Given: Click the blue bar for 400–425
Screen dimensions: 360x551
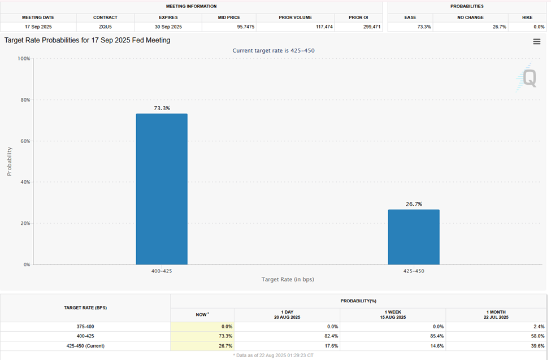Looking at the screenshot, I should pyautogui.click(x=162, y=189).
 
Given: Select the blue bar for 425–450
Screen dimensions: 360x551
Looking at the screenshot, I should pyautogui.click(x=413, y=237).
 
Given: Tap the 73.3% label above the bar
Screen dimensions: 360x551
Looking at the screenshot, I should pyautogui.click(x=162, y=108).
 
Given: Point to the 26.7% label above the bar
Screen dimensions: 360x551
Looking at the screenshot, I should pyautogui.click(x=413, y=204).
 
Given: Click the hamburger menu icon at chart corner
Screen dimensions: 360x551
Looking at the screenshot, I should pyautogui.click(x=536, y=41).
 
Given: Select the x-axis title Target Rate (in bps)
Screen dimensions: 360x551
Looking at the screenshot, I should pyautogui.click(x=288, y=280).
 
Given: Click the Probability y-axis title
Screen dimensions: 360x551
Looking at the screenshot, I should pyautogui.click(x=9, y=162).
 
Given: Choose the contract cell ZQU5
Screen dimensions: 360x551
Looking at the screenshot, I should pyautogui.click(x=105, y=27).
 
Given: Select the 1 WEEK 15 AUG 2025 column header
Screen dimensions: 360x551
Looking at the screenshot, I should pyautogui.click(x=393, y=315).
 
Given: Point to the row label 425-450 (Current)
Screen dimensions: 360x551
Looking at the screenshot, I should pyautogui.click(x=85, y=345).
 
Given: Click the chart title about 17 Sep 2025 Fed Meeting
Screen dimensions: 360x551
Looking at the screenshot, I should pyautogui.click(x=87, y=40).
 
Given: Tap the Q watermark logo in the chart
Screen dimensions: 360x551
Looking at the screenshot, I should pyautogui.click(x=528, y=78).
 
